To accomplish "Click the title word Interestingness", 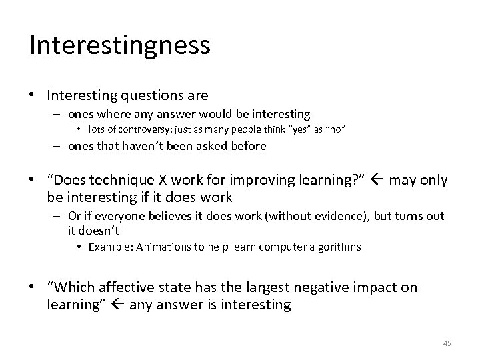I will click(x=120, y=46).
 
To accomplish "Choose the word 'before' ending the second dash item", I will click(x=248, y=146).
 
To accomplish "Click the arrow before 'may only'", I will click(x=379, y=181).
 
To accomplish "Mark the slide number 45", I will click(x=447, y=343).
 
